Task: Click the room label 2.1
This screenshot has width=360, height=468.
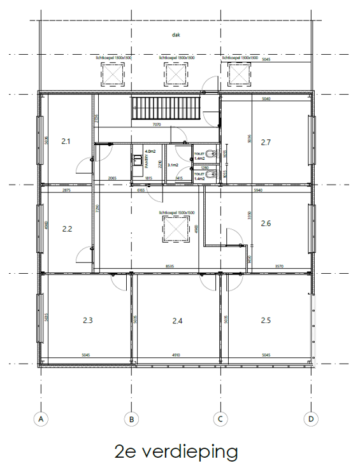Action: tap(66, 141)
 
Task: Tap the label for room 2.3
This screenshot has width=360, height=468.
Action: tap(88, 320)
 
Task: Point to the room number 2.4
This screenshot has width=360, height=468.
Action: tap(178, 321)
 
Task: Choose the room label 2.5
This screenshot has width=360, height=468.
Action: tap(266, 320)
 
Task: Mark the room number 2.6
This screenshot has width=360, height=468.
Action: tap(266, 223)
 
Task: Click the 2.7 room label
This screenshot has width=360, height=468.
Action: tap(266, 142)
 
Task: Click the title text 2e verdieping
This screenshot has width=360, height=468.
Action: tap(176, 451)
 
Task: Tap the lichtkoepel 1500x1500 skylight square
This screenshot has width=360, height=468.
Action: tap(176, 228)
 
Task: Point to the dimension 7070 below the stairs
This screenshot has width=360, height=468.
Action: tap(155, 125)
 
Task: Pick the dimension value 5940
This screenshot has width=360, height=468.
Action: tap(258, 191)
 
